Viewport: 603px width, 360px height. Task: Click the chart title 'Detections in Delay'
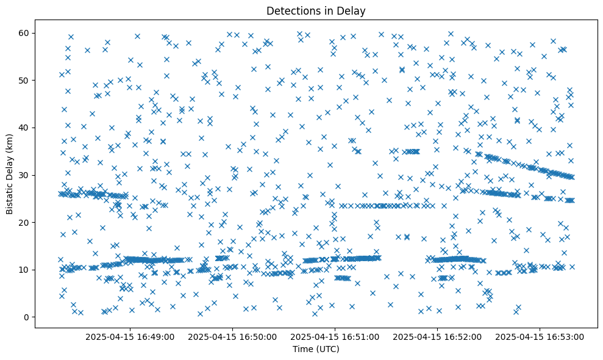[316, 10]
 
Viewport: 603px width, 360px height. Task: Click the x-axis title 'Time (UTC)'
[316, 349]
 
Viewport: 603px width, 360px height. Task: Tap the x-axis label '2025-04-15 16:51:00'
[335, 336]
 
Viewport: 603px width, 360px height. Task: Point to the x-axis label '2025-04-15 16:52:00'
[437, 336]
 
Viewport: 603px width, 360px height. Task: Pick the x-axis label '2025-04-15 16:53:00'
[540, 336]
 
